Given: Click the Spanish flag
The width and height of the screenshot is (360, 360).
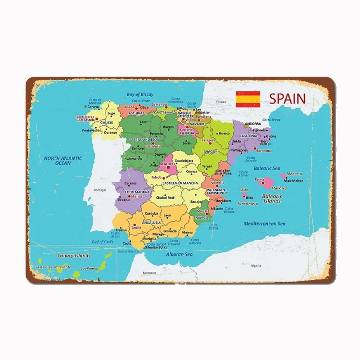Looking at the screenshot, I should coord(248,99).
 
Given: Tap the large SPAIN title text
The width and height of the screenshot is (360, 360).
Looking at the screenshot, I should coord(287,98).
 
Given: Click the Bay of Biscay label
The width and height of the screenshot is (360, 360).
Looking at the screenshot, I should coord(140,94).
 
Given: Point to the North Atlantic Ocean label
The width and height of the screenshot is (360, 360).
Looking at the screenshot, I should coord(63,161).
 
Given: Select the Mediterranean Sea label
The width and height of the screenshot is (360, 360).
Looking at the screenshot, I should coord(265,223).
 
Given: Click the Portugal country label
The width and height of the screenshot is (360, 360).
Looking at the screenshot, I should coord(99,190).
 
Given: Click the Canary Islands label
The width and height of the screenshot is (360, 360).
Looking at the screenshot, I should coord(74,256).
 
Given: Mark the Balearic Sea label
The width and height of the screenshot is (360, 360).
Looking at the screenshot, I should coord(267,168).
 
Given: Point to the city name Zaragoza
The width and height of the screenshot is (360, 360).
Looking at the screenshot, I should coord(209,140).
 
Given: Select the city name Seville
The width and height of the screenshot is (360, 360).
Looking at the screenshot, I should coord(136,228).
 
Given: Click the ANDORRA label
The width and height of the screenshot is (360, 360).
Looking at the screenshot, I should coord(254,123).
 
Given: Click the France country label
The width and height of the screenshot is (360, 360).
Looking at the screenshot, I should coord(221,102).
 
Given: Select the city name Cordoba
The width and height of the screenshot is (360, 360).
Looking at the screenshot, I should coord(151,213).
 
